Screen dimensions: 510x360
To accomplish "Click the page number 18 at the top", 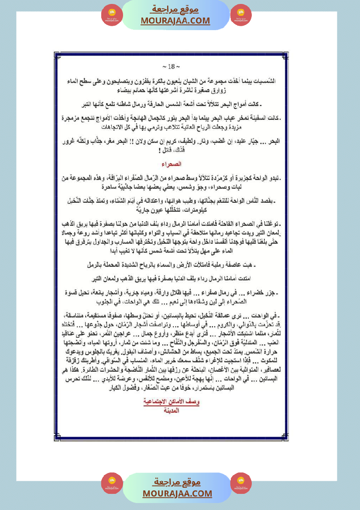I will (x=168, y=67).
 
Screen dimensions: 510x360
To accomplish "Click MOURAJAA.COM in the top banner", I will (x=175, y=21).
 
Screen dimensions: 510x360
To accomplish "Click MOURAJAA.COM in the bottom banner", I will (x=177, y=493).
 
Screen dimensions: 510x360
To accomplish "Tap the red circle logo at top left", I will (x=112, y=15).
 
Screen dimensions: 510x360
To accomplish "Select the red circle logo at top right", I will (x=241, y=15).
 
